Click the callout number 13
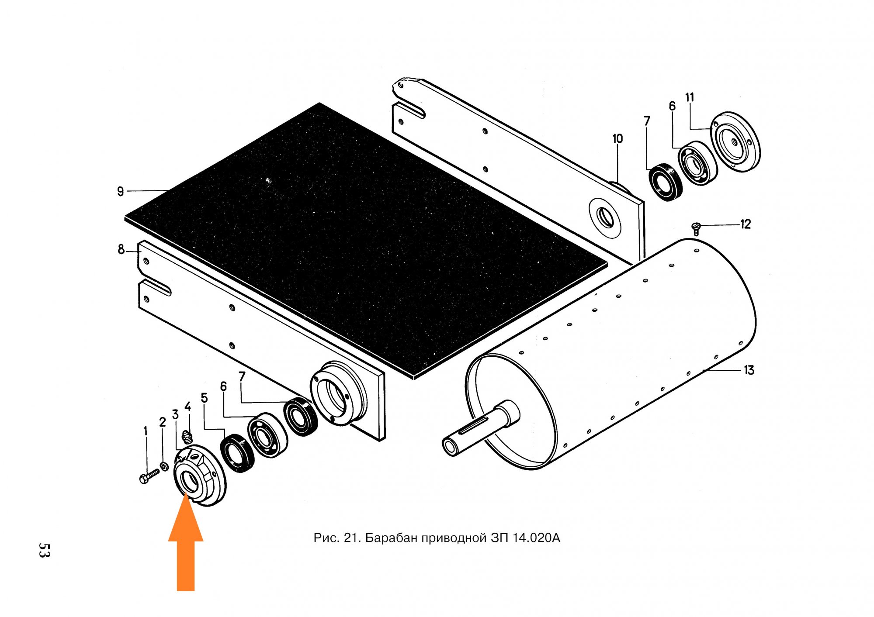point(749,370)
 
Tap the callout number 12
point(746,224)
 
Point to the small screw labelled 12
point(697,228)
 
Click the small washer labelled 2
point(164,467)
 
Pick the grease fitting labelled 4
point(187,435)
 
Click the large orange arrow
point(186,541)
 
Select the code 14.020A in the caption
point(537,538)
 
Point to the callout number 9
point(121,191)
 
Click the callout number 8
point(121,249)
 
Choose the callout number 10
point(617,139)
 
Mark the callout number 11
point(690,97)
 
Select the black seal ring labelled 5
point(237,453)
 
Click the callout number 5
point(204,398)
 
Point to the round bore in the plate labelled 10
point(606,217)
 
